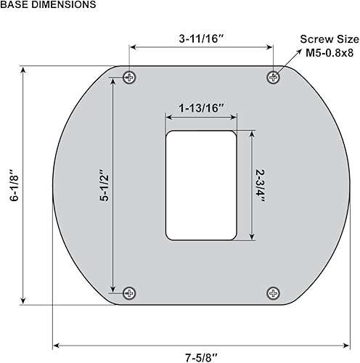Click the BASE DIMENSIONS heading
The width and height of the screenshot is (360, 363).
pos(48,5)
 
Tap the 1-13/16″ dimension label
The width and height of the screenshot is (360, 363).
pos(201,108)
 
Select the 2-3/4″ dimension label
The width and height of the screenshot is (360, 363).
pos(261,186)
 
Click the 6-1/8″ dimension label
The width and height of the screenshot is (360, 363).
pos(12,186)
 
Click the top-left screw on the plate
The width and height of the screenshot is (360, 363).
pos(129,77)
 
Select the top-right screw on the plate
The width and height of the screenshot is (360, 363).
pos(274,77)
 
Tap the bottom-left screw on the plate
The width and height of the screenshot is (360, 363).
pos(129,293)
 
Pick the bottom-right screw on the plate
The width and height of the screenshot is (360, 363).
pos(274,293)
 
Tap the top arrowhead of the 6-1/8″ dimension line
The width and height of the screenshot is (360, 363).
pos(24,71)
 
